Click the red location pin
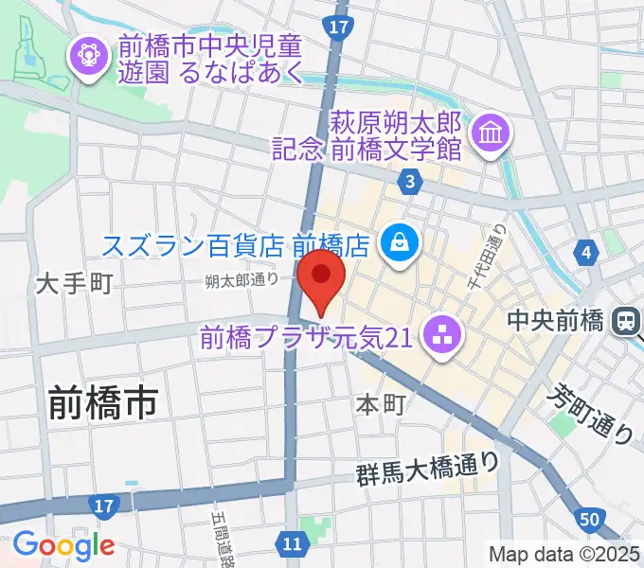[321, 276]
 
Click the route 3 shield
[409, 180]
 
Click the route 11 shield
[294, 542]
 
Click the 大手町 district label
[75, 282]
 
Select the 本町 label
[381, 404]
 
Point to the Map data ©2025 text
[563, 554]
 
